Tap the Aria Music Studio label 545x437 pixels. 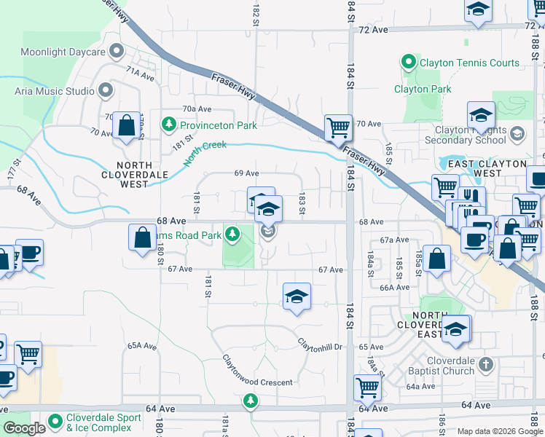coord(55,91)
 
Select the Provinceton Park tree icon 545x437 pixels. coord(169,125)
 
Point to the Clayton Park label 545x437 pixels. coord(423,90)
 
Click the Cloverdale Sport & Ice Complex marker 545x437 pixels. coord(55,420)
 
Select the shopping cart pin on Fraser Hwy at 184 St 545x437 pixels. coord(338,128)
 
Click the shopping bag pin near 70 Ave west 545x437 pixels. coord(127,125)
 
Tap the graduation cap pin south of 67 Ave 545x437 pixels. coord(296,296)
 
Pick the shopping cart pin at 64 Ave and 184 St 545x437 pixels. coord(367,388)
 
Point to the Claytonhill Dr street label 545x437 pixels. coord(320,343)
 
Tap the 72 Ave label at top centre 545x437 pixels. coord(373,30)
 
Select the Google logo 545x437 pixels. coord(25,428)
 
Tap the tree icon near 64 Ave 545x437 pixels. coord(251,400)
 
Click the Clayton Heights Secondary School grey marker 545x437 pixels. coord(517,133)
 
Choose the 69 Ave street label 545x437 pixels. coord(247,173)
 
